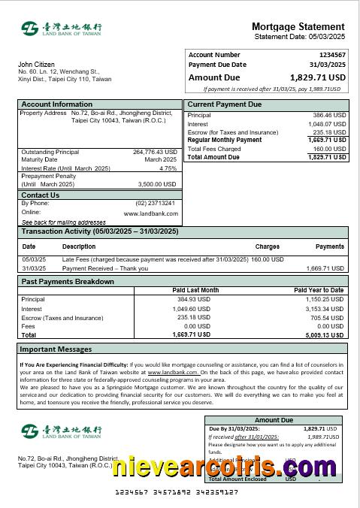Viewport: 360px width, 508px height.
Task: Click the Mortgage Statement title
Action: click(298, 26)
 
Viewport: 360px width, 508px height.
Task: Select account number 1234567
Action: click(332, 55)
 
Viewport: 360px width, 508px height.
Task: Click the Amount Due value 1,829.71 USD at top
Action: click(318, 77)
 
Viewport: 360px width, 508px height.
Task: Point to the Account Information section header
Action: click(57, 104)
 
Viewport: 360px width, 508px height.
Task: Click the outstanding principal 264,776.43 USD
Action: click(155, 151)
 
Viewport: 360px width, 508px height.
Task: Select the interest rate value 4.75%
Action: click(168, 168)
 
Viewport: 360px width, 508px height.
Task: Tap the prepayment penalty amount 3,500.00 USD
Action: click(157, 184)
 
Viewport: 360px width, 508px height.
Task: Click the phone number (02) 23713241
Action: click(156, 203)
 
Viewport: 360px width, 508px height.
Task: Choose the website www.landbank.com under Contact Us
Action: click(151, 213)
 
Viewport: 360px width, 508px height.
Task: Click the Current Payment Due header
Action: click(225, 104)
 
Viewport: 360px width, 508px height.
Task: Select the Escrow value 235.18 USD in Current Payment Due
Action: click(328, 132)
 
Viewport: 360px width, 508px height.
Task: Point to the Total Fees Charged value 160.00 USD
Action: click(328, 149)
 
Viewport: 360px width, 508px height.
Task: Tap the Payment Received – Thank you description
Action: click(105, 268)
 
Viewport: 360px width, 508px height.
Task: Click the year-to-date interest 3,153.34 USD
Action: click(325, 309)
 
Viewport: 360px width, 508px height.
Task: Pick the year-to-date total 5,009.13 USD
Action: click(325, 335)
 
